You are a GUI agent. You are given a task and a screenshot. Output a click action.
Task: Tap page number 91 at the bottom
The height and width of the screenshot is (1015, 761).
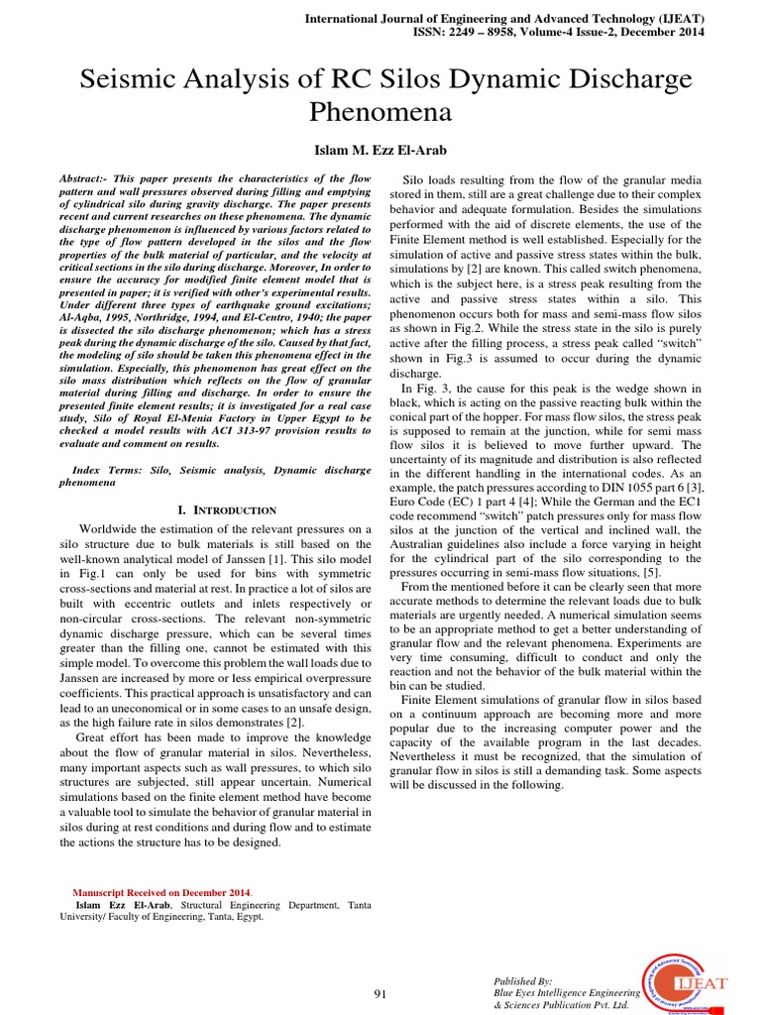(380, 993)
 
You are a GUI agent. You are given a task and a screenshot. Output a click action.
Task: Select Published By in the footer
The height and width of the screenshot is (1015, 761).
(523, 979)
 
